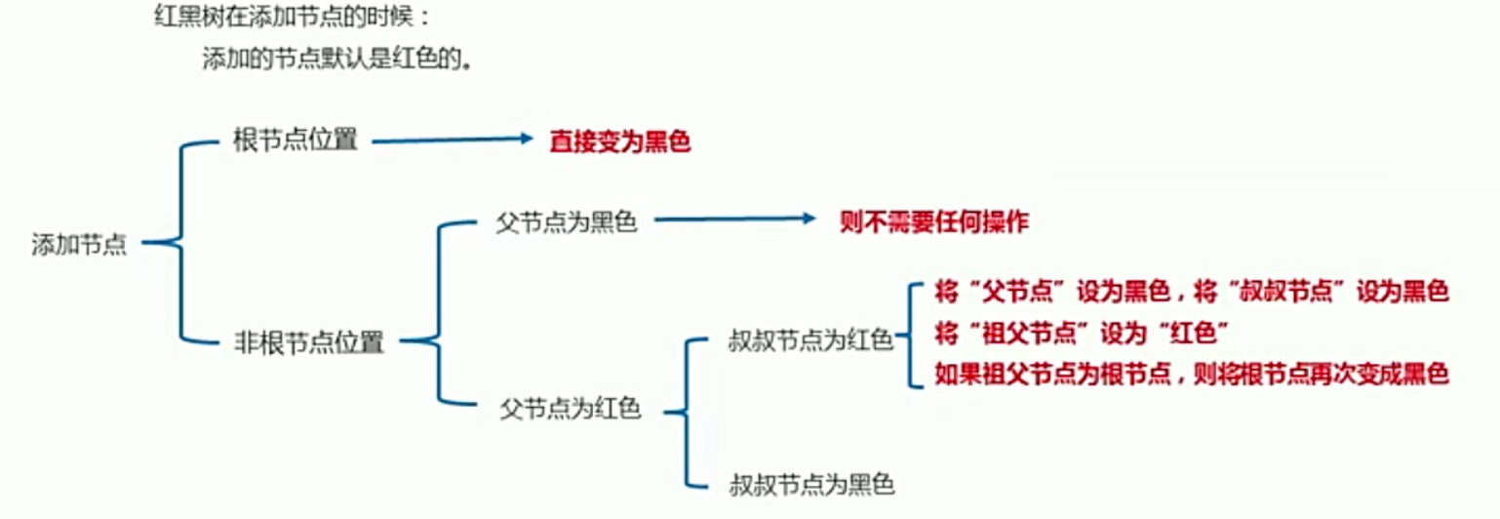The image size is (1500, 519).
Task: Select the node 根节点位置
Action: tap(296, 140)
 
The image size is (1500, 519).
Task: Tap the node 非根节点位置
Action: tap(308, 342)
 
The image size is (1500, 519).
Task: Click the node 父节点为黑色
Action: tap(566, 222)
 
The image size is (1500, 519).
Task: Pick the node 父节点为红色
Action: tap(570, 409)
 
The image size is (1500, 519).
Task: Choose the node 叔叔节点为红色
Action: tap(810, 340)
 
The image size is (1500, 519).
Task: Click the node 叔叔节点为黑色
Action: tap(811, 482)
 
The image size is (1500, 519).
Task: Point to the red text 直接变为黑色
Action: tap(619, 141)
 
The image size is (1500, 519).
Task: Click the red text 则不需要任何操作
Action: tap(934, 222)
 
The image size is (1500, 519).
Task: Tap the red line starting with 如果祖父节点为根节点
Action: tap(1191, 374)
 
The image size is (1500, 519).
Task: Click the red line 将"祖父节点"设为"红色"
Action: tap(1080, 334)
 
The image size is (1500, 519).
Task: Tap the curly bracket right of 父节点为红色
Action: tap(690, 412)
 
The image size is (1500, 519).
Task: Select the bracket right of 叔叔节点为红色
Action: tap(913, 334)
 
